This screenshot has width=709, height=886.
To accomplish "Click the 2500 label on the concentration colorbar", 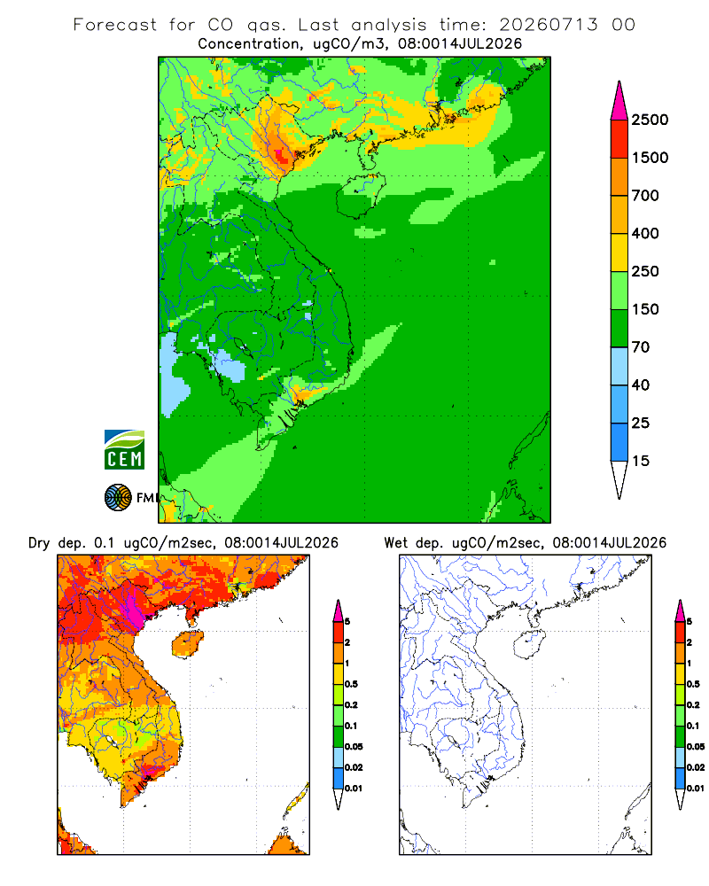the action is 650,120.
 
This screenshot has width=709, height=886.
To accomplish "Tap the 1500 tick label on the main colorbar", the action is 650,158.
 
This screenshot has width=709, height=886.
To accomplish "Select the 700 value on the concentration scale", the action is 645,196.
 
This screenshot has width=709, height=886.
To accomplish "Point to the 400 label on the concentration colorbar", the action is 645,233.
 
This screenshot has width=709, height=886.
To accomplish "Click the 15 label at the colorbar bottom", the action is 640,461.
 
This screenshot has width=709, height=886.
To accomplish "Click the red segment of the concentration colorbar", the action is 619,139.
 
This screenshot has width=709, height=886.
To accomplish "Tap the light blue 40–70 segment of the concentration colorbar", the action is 619,366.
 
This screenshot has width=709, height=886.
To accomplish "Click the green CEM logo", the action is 124,450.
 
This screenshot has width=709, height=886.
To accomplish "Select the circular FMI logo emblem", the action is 118,498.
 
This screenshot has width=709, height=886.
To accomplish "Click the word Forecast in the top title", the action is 115,25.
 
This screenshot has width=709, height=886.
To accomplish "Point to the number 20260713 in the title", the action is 548,25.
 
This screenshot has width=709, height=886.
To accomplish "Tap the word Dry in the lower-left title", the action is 39,544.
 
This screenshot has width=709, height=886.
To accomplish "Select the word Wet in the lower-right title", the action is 395,543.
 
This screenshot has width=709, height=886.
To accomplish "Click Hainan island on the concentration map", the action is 361,196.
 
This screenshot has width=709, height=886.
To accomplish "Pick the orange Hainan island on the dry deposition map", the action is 188,644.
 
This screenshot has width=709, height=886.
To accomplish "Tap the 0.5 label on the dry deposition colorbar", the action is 351,684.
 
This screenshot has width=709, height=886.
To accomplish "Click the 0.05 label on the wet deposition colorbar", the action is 696,747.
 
